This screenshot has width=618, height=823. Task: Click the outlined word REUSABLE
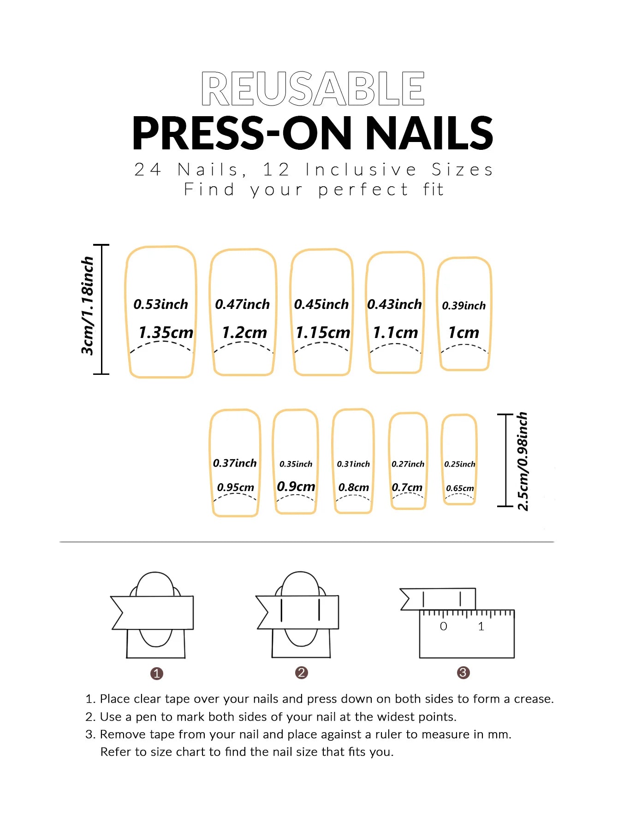[313, 89]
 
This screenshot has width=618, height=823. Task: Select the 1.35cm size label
[166, 332]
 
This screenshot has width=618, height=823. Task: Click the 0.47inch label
[243, 304]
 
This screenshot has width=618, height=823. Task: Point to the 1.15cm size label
[323, 332]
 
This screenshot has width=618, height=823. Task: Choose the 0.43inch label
[395, 304]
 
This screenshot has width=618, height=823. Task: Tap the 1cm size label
[464, 332]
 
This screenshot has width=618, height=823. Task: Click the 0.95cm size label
[236, 487]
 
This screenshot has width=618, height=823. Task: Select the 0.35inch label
[296, 464]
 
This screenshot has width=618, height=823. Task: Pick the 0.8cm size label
[354, 487]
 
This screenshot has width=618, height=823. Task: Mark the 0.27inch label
[408, 464]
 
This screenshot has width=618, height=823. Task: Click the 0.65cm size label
[460, 488]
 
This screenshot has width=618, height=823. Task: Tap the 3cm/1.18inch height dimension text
[87, 306]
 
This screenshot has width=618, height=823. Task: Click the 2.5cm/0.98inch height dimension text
[522, 462]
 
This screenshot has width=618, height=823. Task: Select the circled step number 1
[157, 674]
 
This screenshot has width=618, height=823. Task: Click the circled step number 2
[302, 673]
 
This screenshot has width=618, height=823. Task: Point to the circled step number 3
[463, 673]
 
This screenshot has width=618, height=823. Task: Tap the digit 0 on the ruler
[444, 626]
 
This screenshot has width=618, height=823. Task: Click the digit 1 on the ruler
[481, 626]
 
